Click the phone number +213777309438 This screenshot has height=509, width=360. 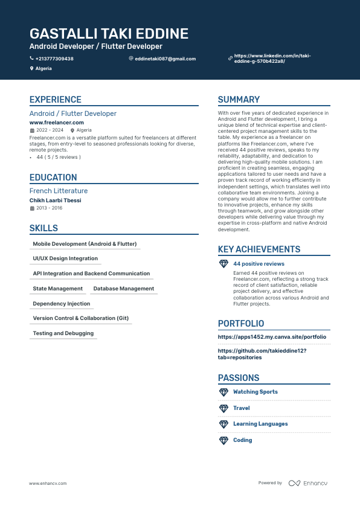pyautogui.click(x=54, y=59)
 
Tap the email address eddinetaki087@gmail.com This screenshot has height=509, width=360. pyautogui.click(x=165, y=59)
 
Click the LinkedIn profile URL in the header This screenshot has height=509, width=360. pyautogui.click(x=272, y=59)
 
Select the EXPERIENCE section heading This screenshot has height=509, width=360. pyautogui.click(x=56, y=100)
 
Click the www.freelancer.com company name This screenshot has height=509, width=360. pyautogui.click(x=57, y=123)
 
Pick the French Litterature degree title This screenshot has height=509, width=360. pyautogui.click(x=59, y=191)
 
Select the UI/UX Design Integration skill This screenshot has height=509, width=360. pyautogui.click(x=65, y=258)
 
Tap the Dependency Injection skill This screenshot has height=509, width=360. pyautogui.click(x=62, y=304)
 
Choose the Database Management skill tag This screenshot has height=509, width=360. pyautogui.click(x=124, y=289)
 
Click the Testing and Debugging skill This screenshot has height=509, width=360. pyautogui.click(x=63, y=333)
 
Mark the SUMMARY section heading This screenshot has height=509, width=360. pyautogui.click(x=239, y=100)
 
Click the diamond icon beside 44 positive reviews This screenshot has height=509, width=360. pyautogui.click(x=223, y=264)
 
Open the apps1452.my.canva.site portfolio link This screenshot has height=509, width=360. pyautogui.click(x=272, y=337)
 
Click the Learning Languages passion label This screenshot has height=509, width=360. pyautogui.click(x=260, y=424)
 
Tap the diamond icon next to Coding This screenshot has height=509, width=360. pyautogui.click(x=223, y=440)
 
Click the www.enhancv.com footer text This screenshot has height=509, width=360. pyautogui.click(x=48, y=484)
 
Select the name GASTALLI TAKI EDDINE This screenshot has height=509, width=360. pyautogui.click(x=109, y=34)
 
